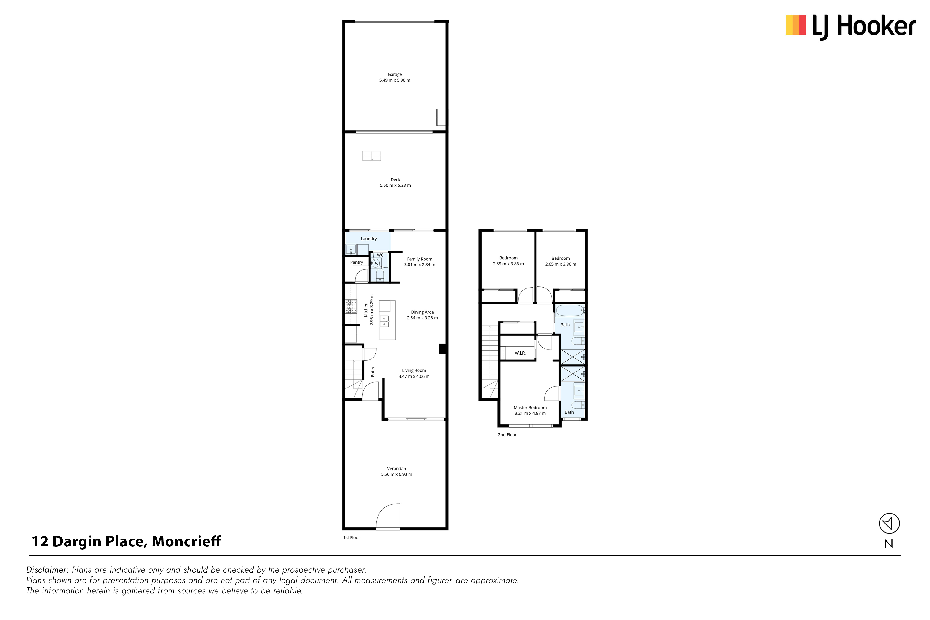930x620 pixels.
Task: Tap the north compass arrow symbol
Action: (889, 524)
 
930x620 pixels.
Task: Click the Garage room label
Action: (395, 74)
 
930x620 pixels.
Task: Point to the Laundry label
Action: (369, 239)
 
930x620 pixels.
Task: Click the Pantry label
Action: (357, 262)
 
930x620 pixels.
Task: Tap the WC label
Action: (380, 255)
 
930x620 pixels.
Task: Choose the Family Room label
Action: (419, 259)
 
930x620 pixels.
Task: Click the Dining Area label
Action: (422, 312)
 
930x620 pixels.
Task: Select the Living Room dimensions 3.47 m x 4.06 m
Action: (414, 376)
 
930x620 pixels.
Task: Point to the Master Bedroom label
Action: (530, 408)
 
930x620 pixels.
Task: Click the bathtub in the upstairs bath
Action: (570, 310)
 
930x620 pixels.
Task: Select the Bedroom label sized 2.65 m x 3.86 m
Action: (561, 258)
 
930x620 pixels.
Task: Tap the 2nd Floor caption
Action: (507, 434)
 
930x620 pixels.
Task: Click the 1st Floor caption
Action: (352, 538)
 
